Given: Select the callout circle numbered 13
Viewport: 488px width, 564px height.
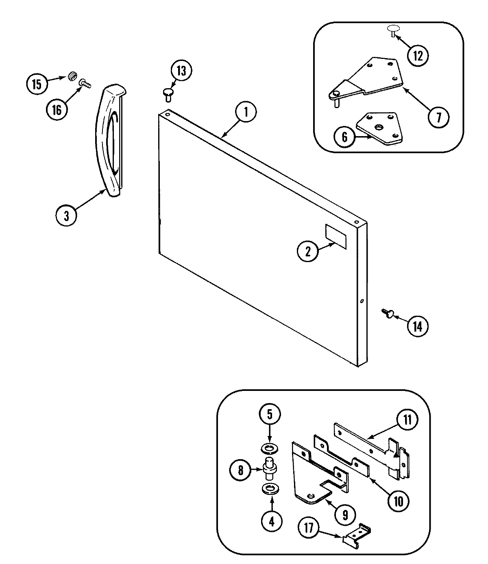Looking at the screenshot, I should click(x=181, y=71).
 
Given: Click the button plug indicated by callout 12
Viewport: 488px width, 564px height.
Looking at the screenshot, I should click(x=394, y=29).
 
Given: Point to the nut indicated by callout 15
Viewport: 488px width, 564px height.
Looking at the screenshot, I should click(x=73, y=76).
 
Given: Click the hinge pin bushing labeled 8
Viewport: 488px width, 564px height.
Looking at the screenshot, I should click(x=269, y=468).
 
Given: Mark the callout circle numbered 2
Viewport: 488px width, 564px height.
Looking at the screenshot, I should click(x=308, y=252).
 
